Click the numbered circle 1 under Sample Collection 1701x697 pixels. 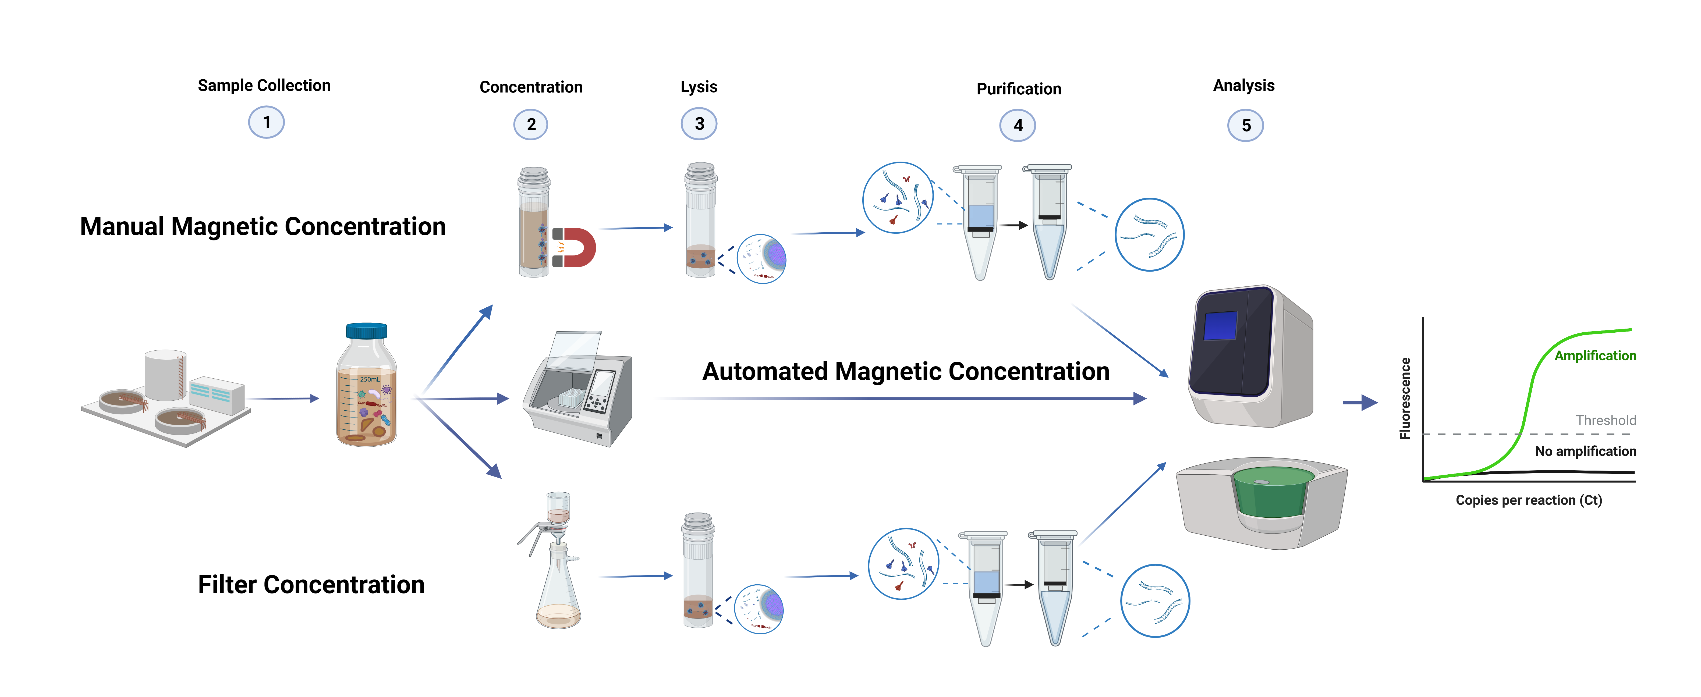[266, 123]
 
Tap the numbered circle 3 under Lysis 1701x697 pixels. [699, 124]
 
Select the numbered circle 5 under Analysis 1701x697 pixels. [1245, 125]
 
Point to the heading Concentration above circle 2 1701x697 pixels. [531, 87]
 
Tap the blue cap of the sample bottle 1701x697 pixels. [367, 330]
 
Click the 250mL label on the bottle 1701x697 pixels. [370, 379]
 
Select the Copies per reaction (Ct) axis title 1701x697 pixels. [1529, 500]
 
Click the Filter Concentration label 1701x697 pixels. [311, 585]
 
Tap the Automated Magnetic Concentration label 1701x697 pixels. [905, 372]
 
